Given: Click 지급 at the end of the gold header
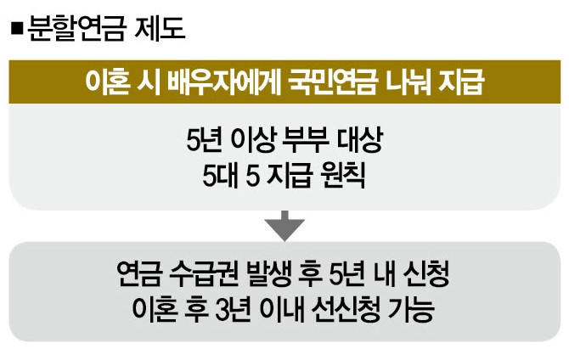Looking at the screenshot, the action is point(462,83).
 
